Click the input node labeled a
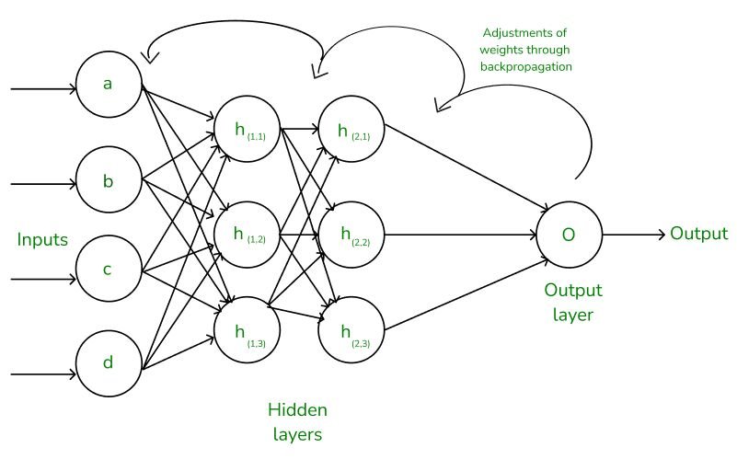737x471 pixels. [x=109, y=85]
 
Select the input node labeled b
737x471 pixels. [x=109, y=180]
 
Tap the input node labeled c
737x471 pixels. [x=109, y=270]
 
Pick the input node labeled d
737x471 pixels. [x=109, y=363]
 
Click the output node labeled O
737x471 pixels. [x=569, y=235]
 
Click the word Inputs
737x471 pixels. [x=42, y=240]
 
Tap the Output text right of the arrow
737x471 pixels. [x=698, y=234]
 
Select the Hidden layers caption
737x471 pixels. [x=296, y=422]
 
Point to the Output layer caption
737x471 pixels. [x=573, y=303]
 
